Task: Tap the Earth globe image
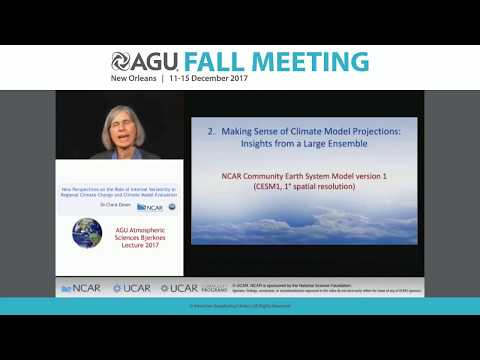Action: coord(87,234)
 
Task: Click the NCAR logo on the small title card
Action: coord(149,207)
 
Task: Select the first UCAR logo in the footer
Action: coord(132,288)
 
